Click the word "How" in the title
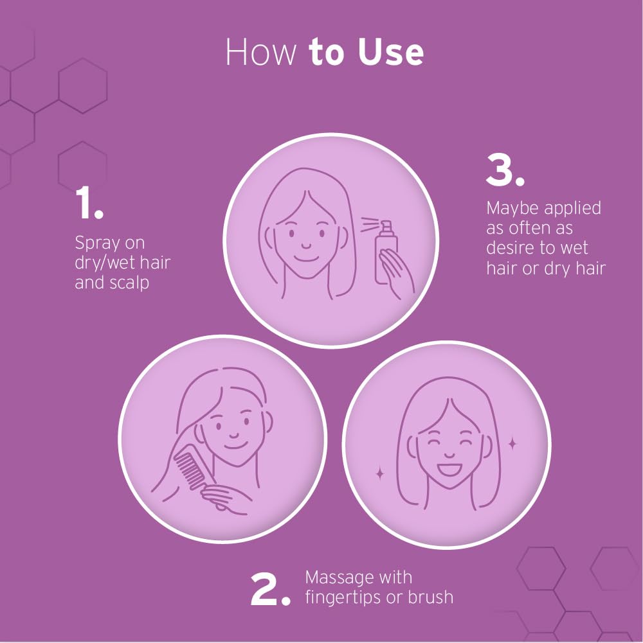[260, 53]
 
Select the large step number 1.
[89, 204]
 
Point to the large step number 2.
[270, 591]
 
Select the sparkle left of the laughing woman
[379, 474]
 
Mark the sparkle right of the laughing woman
[512, 443]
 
